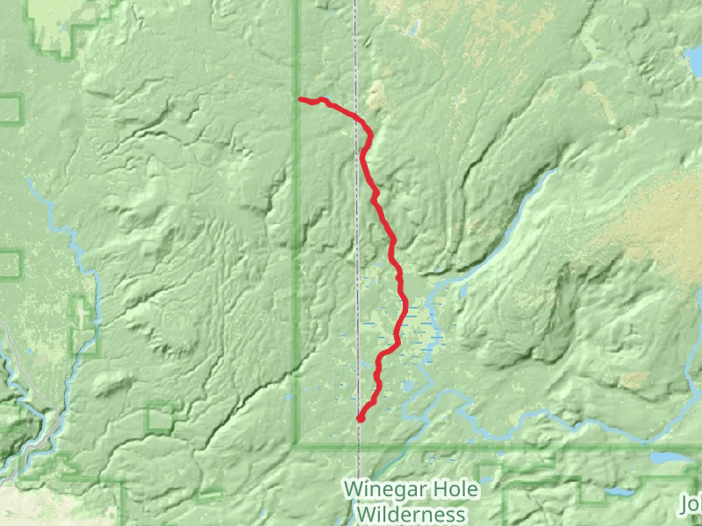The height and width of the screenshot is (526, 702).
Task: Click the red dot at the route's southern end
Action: (360, 418)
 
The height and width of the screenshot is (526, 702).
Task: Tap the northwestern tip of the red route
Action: (301, 100)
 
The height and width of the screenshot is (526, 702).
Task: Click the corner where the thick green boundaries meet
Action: (296, 446)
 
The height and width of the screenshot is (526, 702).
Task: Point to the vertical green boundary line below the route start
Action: (296, 263)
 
